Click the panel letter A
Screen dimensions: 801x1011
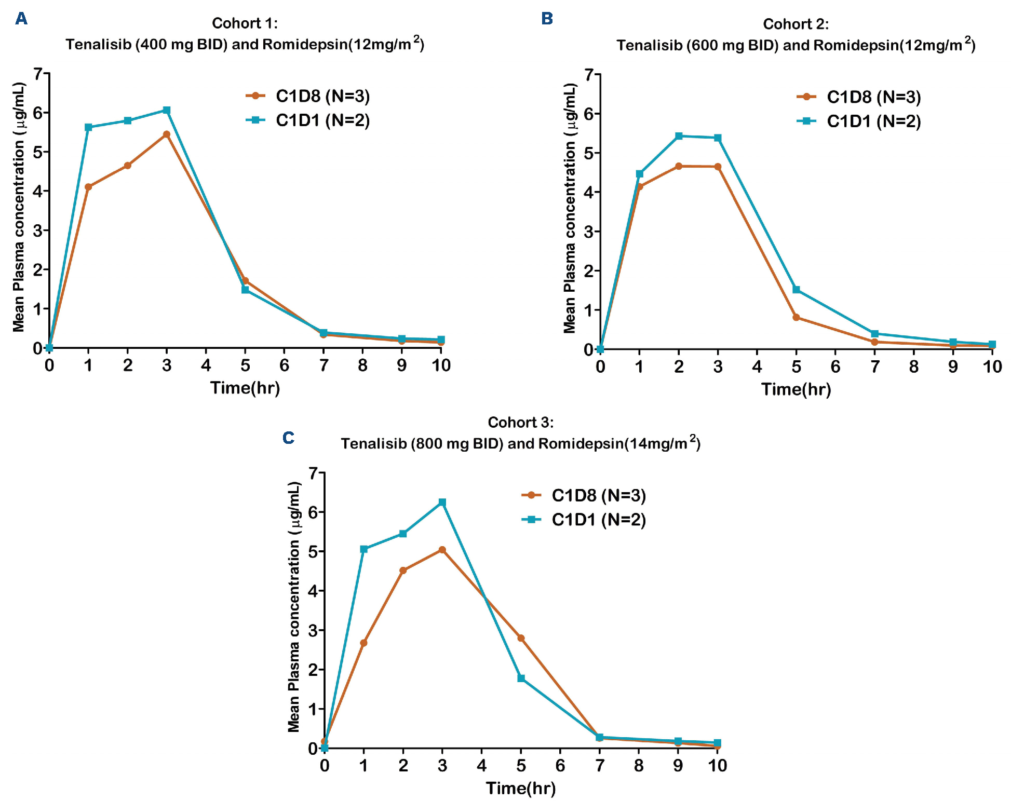pos(21,19)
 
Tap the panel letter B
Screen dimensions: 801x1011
pos(547,19)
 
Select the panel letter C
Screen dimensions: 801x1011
pos(288,438)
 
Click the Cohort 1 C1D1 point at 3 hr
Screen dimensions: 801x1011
pos(167,111)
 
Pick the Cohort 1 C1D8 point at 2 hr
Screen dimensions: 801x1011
pos(128,166)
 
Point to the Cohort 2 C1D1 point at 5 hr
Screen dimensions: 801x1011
pos(796,290)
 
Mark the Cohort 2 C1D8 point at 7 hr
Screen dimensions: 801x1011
pos(874,342)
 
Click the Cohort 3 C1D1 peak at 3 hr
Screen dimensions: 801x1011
pos(442,503)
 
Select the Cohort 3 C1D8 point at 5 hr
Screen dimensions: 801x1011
pos(521,638)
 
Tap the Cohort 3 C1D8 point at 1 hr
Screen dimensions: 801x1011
pos(363,643)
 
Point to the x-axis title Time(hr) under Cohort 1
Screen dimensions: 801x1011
pos(245,388)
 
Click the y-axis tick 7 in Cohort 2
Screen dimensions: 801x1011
pos(588,75)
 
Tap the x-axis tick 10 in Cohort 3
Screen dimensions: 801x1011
pos(717,765)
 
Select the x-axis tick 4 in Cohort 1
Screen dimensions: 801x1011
pos(206,365)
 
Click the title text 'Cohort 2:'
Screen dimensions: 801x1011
pos(796,24)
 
